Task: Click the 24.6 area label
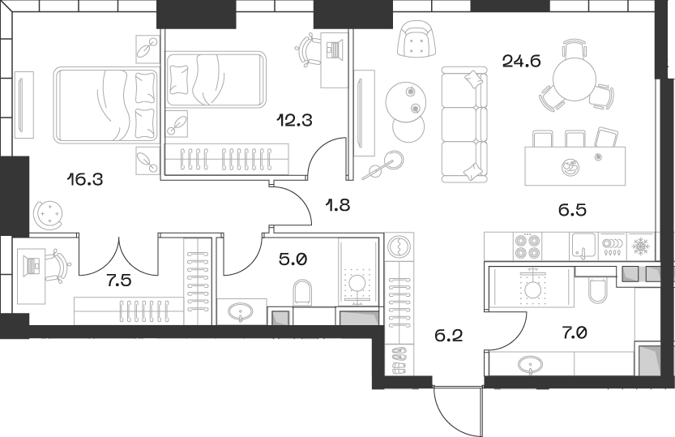tap(523, 58)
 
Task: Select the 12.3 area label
tap(295, 121)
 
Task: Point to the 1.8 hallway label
tap(340, 205)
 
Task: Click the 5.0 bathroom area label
tap(293, 260)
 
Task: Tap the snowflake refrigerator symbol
tap(640, 244)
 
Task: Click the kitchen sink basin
tap(583, 243)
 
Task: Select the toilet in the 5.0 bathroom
tap(303, 293)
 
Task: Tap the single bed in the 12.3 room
tap(216, 79)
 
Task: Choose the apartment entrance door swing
tap(458, 409)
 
